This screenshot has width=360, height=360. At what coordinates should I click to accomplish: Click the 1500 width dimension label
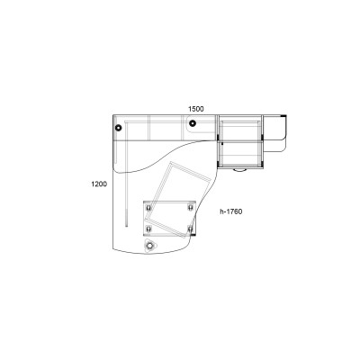point(196,109)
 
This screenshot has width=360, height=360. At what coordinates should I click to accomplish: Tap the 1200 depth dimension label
point(99,184)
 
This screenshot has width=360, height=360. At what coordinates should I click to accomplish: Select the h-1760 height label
point(231,211)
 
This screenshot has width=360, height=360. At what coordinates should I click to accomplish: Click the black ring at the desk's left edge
point(118,128)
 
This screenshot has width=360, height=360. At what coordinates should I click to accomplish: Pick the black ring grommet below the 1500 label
point(193,123)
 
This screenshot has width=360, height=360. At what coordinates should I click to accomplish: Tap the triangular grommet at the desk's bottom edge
point(149,246)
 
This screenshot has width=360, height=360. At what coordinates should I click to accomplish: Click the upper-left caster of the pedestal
point(148,208)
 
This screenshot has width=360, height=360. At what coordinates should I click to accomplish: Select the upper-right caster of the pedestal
point(190,208)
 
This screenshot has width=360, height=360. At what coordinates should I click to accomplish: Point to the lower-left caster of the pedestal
point(148,229)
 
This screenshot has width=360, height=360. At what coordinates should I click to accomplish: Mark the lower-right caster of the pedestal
point(190,229)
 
